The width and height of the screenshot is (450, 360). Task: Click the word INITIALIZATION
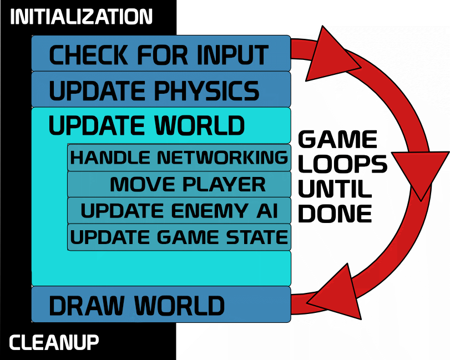point(81,17)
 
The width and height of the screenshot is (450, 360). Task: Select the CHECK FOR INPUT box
point(160,54)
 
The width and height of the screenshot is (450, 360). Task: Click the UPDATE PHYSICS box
point(160,89)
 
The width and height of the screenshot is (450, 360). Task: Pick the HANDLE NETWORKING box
point(179,158)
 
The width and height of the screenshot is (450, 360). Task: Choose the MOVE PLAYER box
point(179,184)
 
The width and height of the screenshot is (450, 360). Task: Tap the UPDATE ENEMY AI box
point(179,211)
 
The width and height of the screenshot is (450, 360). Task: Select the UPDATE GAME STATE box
point(179,237)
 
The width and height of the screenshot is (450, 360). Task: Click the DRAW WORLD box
point(160,305)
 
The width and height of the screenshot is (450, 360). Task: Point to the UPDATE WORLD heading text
point(146,125)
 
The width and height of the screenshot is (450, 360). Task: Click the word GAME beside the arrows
point(338,140)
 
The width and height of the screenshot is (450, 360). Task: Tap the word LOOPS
point(342,164)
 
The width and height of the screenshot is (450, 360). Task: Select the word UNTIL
point(335,189)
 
